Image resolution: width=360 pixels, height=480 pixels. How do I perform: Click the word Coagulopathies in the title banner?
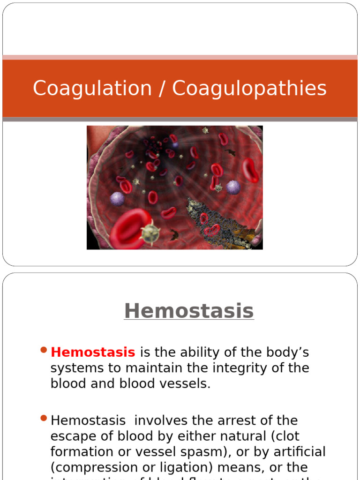[249, 89]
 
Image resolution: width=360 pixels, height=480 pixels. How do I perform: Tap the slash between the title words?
[162, 89]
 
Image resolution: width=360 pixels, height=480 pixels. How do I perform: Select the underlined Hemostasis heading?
[189, 311]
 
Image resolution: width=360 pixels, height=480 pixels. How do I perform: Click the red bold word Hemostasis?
[93, 352]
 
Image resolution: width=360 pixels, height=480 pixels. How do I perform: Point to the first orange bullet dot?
[44, 350]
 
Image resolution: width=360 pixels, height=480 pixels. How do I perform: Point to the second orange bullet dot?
[44, 418]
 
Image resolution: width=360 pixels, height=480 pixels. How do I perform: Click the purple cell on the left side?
[117, 198]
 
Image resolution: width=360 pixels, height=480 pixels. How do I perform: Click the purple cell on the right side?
[233, 187]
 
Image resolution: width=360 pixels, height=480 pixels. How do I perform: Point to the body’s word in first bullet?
[285, 352]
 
